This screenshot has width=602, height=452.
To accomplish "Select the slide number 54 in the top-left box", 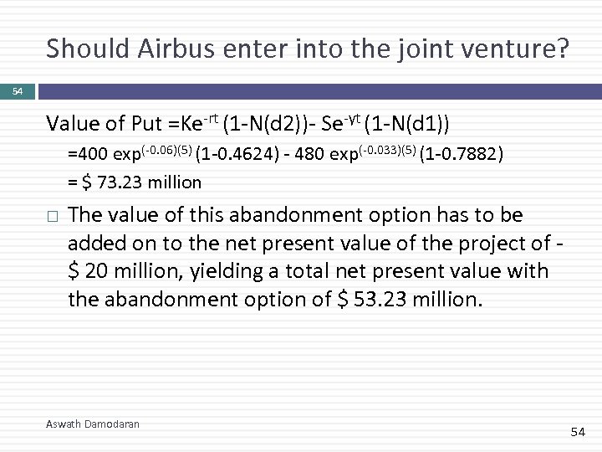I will point(17,90).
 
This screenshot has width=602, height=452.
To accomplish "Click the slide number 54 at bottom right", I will point(577,432).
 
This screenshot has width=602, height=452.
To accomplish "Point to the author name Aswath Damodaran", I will point(93,424).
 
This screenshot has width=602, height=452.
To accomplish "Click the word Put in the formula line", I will point(146,126).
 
